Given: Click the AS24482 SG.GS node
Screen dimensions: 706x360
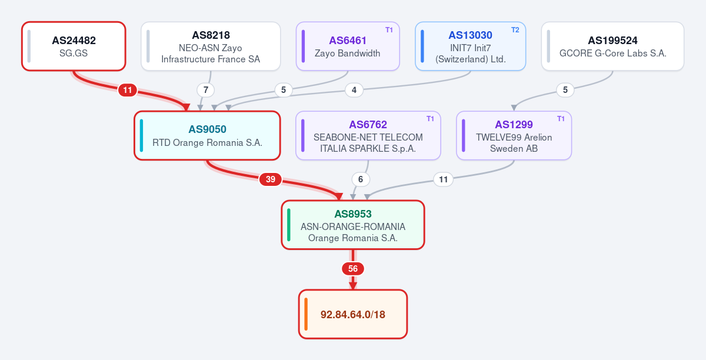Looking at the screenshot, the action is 74,46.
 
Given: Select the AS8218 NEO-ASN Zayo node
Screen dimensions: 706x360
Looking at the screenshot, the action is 211,46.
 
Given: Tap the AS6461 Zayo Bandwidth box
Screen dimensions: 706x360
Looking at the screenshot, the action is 348,46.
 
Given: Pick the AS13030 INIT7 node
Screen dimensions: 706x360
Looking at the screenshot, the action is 470,46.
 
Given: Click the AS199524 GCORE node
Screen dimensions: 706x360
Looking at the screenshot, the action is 612,46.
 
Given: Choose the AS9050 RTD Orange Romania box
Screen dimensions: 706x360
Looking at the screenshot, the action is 207,135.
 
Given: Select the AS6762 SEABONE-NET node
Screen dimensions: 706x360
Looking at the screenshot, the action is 368,135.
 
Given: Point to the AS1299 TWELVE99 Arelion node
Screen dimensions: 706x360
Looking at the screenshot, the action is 514,135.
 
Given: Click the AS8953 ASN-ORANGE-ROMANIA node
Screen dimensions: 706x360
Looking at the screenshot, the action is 353,225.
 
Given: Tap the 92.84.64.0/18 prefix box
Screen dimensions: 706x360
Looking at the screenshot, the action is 353,314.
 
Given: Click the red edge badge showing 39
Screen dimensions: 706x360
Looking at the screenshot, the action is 271,179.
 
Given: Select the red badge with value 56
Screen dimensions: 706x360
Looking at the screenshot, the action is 353,269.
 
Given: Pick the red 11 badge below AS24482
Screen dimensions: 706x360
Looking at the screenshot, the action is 127,90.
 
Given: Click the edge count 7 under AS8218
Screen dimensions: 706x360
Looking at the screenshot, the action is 206,90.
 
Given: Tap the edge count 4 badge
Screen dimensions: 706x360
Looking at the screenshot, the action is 354,90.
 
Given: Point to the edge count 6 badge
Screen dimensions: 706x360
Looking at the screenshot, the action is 361,179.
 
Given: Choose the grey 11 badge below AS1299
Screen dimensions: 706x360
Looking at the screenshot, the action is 444,179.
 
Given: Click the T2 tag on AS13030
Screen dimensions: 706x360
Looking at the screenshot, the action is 515,30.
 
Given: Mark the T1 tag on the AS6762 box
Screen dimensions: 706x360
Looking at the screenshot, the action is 430,119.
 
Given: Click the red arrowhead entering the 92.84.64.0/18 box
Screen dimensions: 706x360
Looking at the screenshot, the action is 353,286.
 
